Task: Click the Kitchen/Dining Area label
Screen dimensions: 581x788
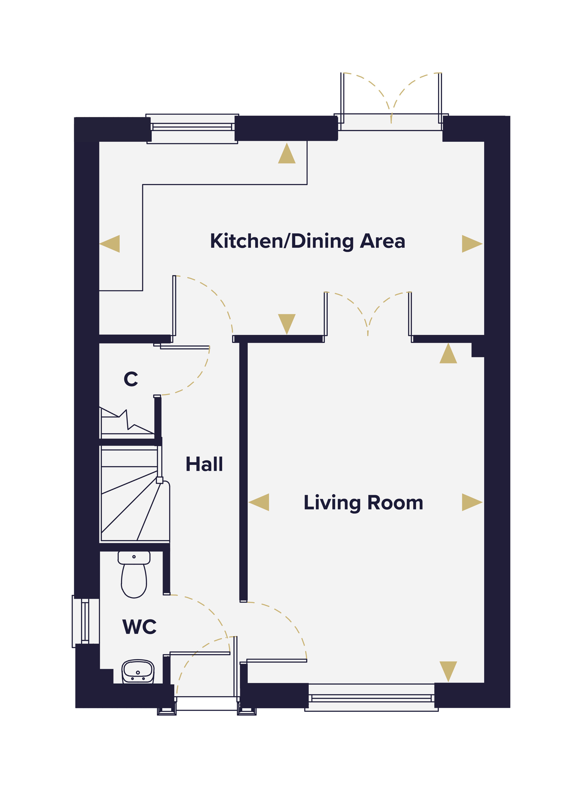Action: pyautogui.click(x=308, y=242)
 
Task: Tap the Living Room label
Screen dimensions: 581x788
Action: pyautogui.click(x=363, y=503)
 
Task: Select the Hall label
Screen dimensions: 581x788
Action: pyautogui.click(x=204, y=464)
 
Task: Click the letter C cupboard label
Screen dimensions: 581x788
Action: pyautogui.click(x=131, y=379)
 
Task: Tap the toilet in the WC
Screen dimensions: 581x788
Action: pyautogui.click(x=134, y=574)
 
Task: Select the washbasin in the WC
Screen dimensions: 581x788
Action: pyautogui.click(x=138, y=671)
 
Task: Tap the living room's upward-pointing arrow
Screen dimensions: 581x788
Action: pyautogui.click(x=448, y=353)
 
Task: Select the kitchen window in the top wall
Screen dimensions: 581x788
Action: pyautogui.click(x=192, y=128)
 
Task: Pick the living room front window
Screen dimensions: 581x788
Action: pyautogui.click(x=371, y=698)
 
